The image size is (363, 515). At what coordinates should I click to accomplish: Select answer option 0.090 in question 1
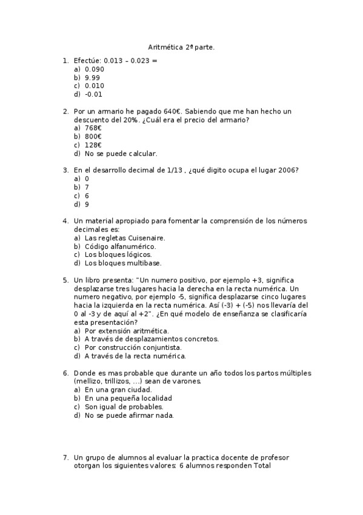[95, 69]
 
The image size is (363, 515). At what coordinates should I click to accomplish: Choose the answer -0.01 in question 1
[94, 94]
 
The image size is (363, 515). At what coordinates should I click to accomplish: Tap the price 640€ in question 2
[172, 112]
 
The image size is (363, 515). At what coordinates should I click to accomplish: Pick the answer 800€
[93, 137]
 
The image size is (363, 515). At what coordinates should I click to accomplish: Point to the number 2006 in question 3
[287, 171]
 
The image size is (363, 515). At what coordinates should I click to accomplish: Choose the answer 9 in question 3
[87, 205]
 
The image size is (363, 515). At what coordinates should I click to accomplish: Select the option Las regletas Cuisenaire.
[125, 238]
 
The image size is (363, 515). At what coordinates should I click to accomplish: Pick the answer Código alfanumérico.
[121, 247]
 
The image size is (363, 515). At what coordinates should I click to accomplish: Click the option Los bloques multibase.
[123, 264]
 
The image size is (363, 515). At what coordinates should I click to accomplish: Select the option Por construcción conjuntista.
[133, 347]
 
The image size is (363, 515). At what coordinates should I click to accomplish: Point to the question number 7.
[65, 457]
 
